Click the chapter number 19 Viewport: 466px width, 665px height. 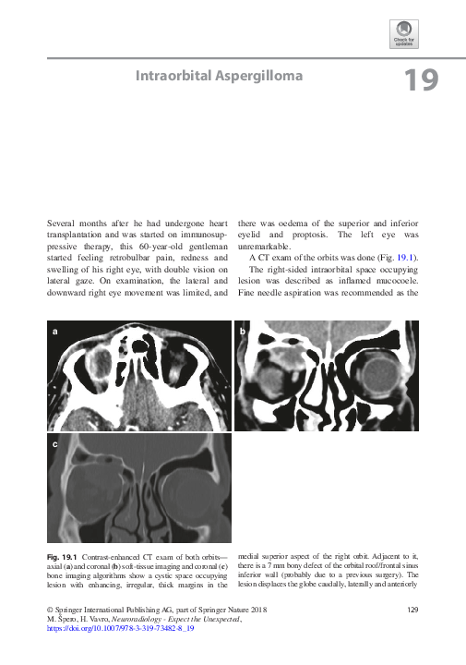click(421, 81)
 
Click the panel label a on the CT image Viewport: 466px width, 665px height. click(56, 331)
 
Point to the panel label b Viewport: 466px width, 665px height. click(243, 331)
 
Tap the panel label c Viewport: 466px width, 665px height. click(56, 445)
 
